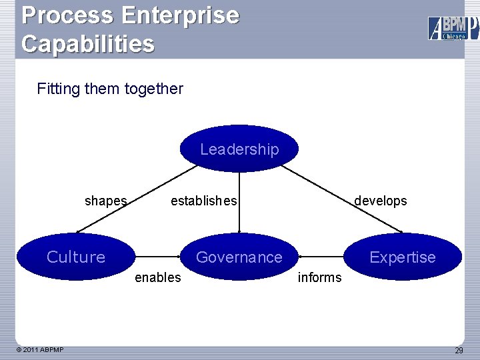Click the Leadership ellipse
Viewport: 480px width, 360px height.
pos(239,149)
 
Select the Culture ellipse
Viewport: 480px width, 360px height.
pos(76,257)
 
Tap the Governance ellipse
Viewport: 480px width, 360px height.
pos(239,257)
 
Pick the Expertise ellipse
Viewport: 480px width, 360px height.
pos(402,257)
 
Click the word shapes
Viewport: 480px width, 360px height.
pos(105,201)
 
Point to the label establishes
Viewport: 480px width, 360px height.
pos(203,201)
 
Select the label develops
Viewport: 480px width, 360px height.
pos(380,201)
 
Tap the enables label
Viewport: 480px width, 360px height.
pos(157,277)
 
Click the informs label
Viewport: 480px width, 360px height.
pos(319,277)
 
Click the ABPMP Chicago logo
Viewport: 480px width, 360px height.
pos(453,28)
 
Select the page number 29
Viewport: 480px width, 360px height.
pos(459,351)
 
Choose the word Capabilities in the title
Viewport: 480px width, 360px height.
pos(87,43)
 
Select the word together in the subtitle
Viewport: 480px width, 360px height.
pos(151,89)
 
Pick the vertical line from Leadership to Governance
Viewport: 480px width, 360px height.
pos(239,220)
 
